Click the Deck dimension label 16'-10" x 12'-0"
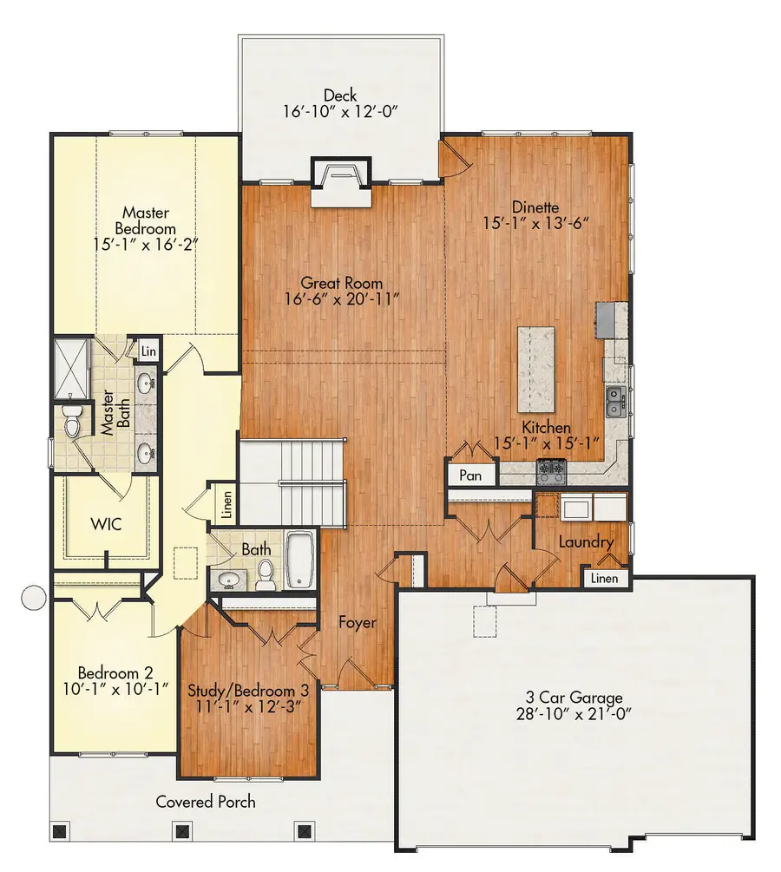pos(340,112)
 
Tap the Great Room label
pos(342,283)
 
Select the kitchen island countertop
pos(536,369)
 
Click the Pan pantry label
pos(470,475)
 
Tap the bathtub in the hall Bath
pos(299,559)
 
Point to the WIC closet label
pos(106,524)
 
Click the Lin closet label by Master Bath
pos(148,351)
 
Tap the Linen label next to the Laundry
pos(606,578)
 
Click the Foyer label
pos(356,622)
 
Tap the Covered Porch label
pos(206,801)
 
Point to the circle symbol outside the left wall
pos(33,597)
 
